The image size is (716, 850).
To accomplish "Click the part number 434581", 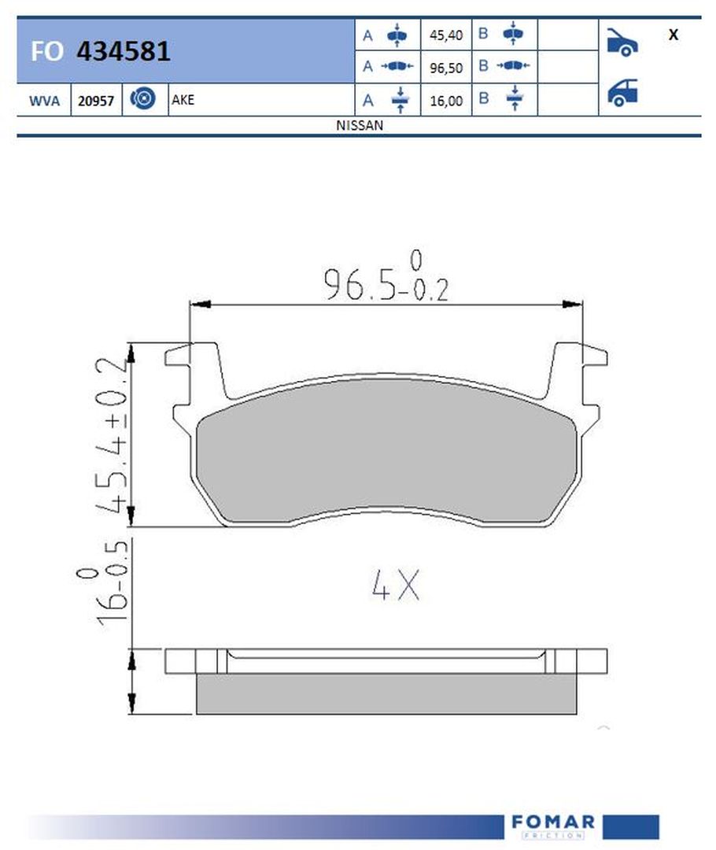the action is point(124,51).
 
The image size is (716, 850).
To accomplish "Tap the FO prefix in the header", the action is point(47,51).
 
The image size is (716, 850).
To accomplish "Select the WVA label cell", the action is point(44,101).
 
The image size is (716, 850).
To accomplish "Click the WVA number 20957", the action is point(96,101).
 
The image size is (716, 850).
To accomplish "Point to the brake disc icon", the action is point(142,98).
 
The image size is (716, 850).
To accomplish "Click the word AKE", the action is point(183,100).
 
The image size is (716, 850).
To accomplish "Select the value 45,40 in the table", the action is point(446,35).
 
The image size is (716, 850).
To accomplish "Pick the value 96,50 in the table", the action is point(446,68).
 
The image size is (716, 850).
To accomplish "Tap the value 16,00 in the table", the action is point(446,101).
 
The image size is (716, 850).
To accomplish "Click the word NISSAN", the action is point(360,125).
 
